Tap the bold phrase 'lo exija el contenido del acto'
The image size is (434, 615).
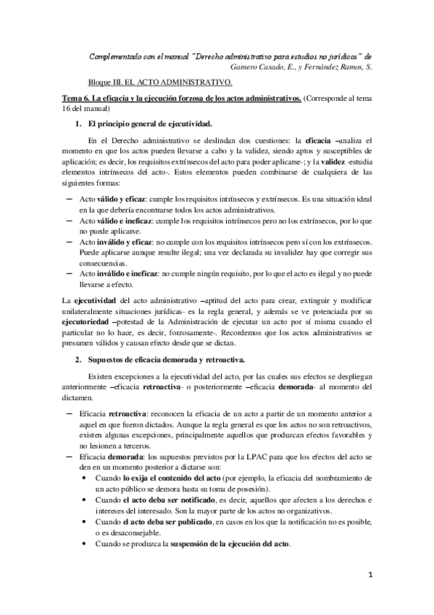tap(169, 480)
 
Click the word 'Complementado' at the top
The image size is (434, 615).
tap(117, 56)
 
